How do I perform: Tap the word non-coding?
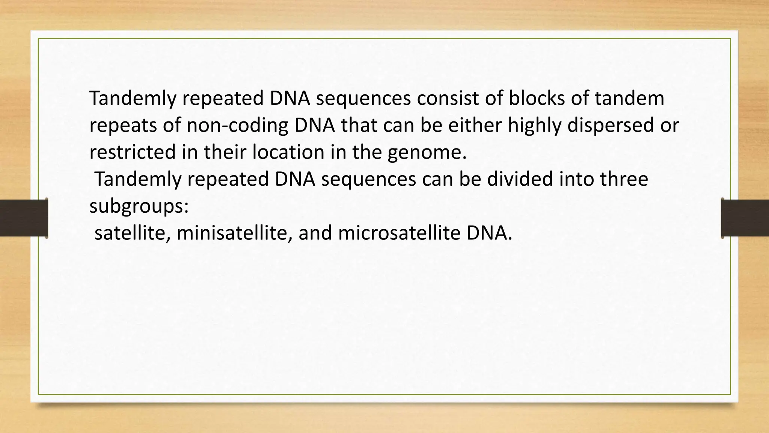237,126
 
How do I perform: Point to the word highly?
534,126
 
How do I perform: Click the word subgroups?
139,206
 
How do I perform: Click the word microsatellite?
399,233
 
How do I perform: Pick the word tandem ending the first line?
629,98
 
